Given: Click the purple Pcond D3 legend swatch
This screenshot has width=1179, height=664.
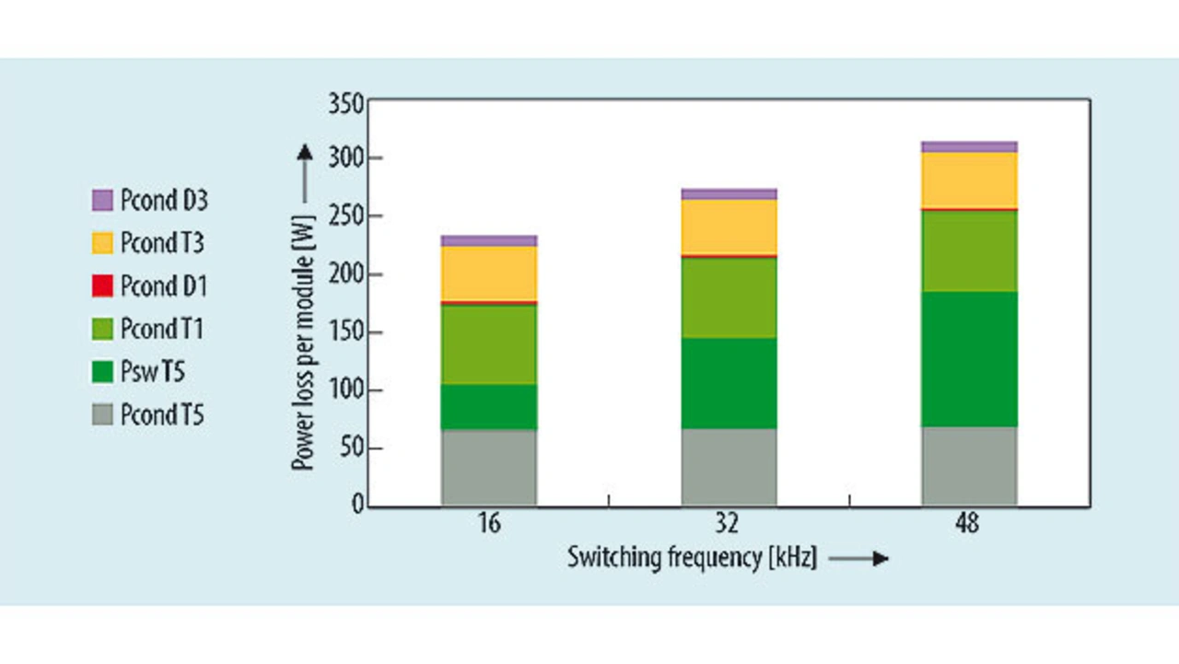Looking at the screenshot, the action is click(x=102, y=201).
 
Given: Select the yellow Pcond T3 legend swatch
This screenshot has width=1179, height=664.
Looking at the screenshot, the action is click(x=102, y=243).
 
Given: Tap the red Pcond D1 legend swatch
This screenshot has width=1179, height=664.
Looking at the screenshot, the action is click(x=102, y=286).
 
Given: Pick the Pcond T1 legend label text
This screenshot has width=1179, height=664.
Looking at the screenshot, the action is click(x=162, y=329).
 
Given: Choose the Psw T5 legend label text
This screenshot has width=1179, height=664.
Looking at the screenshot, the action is click(x=153, y=371).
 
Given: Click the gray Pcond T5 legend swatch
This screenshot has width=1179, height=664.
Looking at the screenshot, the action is click(x=102, y=414).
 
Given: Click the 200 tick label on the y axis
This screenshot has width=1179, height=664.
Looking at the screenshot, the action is click(x=345, y=274).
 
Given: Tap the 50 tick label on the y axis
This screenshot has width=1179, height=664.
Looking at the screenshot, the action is click(x=352, y=448).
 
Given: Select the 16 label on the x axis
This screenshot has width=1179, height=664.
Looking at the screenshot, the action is click(x=489, y=524).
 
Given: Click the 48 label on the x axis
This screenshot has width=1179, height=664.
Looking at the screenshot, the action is click(x=968, y=524).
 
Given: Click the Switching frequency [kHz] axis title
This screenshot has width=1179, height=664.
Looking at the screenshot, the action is click(x=692, y=558).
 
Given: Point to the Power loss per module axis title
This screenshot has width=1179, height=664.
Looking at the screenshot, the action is click(x=304, y=343).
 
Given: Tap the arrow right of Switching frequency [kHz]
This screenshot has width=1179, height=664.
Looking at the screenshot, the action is click(x=858, y=559).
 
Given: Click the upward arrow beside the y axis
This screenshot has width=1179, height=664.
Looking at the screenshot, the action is click(x=305, y=174).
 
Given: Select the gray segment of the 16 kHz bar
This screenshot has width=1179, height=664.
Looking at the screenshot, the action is click(x=489, y=468).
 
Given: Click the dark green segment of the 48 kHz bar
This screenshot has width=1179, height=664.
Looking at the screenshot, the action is click(x=970, y=359).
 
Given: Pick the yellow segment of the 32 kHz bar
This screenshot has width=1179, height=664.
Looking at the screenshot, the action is click(x=729, y=227).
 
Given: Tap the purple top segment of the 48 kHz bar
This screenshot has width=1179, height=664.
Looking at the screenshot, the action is click(x=970, y=146).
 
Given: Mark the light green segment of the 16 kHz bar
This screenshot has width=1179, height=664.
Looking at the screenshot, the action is click(x=489, y=344).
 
